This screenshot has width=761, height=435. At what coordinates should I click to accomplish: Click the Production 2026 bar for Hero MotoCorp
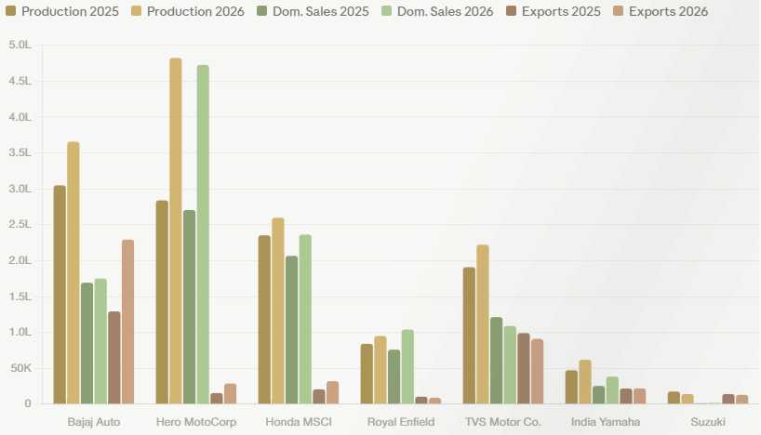[x=176, y=231]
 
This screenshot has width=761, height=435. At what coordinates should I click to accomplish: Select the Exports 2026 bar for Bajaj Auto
[x=127, y=322]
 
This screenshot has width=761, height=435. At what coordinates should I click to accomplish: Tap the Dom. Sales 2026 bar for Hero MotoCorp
[x=203, y=234]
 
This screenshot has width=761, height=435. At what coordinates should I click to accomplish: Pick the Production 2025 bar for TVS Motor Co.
[x=469, y=336]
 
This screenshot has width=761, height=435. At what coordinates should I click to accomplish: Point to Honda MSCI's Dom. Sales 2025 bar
[x=292, y=330]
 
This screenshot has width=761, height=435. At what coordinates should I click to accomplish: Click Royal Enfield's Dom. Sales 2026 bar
[x=407, y=366]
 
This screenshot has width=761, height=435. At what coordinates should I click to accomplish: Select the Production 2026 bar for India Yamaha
[x=585, y=382]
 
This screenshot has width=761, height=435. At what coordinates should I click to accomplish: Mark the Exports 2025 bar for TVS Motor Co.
[x=524, y=369]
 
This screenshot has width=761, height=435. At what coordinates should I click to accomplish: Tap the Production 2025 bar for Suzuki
[x=674, y=398]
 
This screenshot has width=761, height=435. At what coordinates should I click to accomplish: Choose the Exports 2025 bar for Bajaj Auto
[x=114, y=358]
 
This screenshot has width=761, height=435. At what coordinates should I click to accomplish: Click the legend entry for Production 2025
[x=62, y=11]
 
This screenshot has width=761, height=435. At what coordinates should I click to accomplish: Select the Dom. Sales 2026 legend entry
[x=437, y=11]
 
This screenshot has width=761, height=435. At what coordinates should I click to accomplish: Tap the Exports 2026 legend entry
[x=661, y=11]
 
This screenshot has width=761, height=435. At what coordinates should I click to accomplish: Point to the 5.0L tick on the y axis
[x=20, y=45]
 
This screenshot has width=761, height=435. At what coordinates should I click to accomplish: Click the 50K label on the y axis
[x=20, y=368]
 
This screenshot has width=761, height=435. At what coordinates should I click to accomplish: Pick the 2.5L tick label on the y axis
[x=20, y=224]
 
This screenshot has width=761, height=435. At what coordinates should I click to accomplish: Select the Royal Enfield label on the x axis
[x=401, y=422]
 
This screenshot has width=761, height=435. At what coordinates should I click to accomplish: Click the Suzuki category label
[x=708, y=422]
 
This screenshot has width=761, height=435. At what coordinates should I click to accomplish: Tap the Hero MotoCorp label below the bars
[x=196, y=422]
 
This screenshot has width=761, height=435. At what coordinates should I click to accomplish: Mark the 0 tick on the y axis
[x=28, y=403]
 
